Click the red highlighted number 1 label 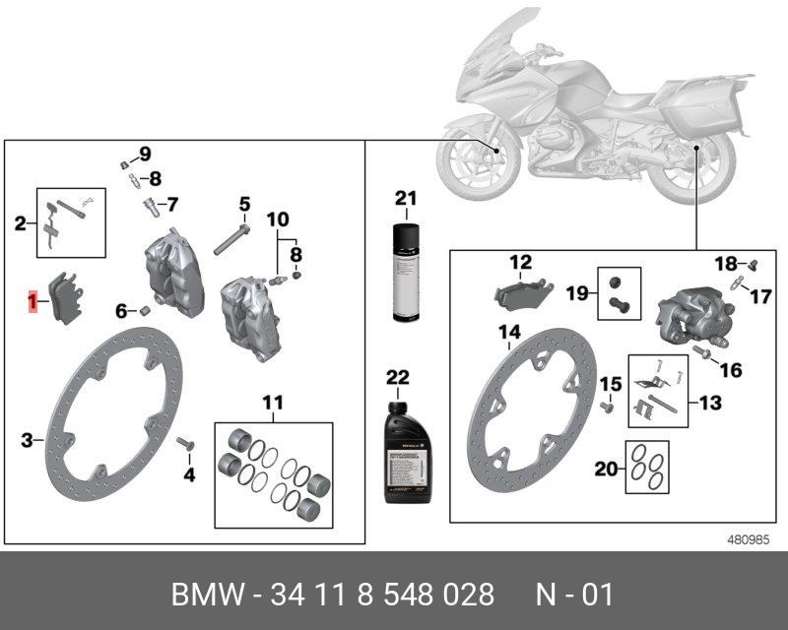pyautogui.click(x=33, y=302)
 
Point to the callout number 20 pyautogui.click(x=607, y=470)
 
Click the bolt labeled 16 pyautogui.click(x=704, y=351)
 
